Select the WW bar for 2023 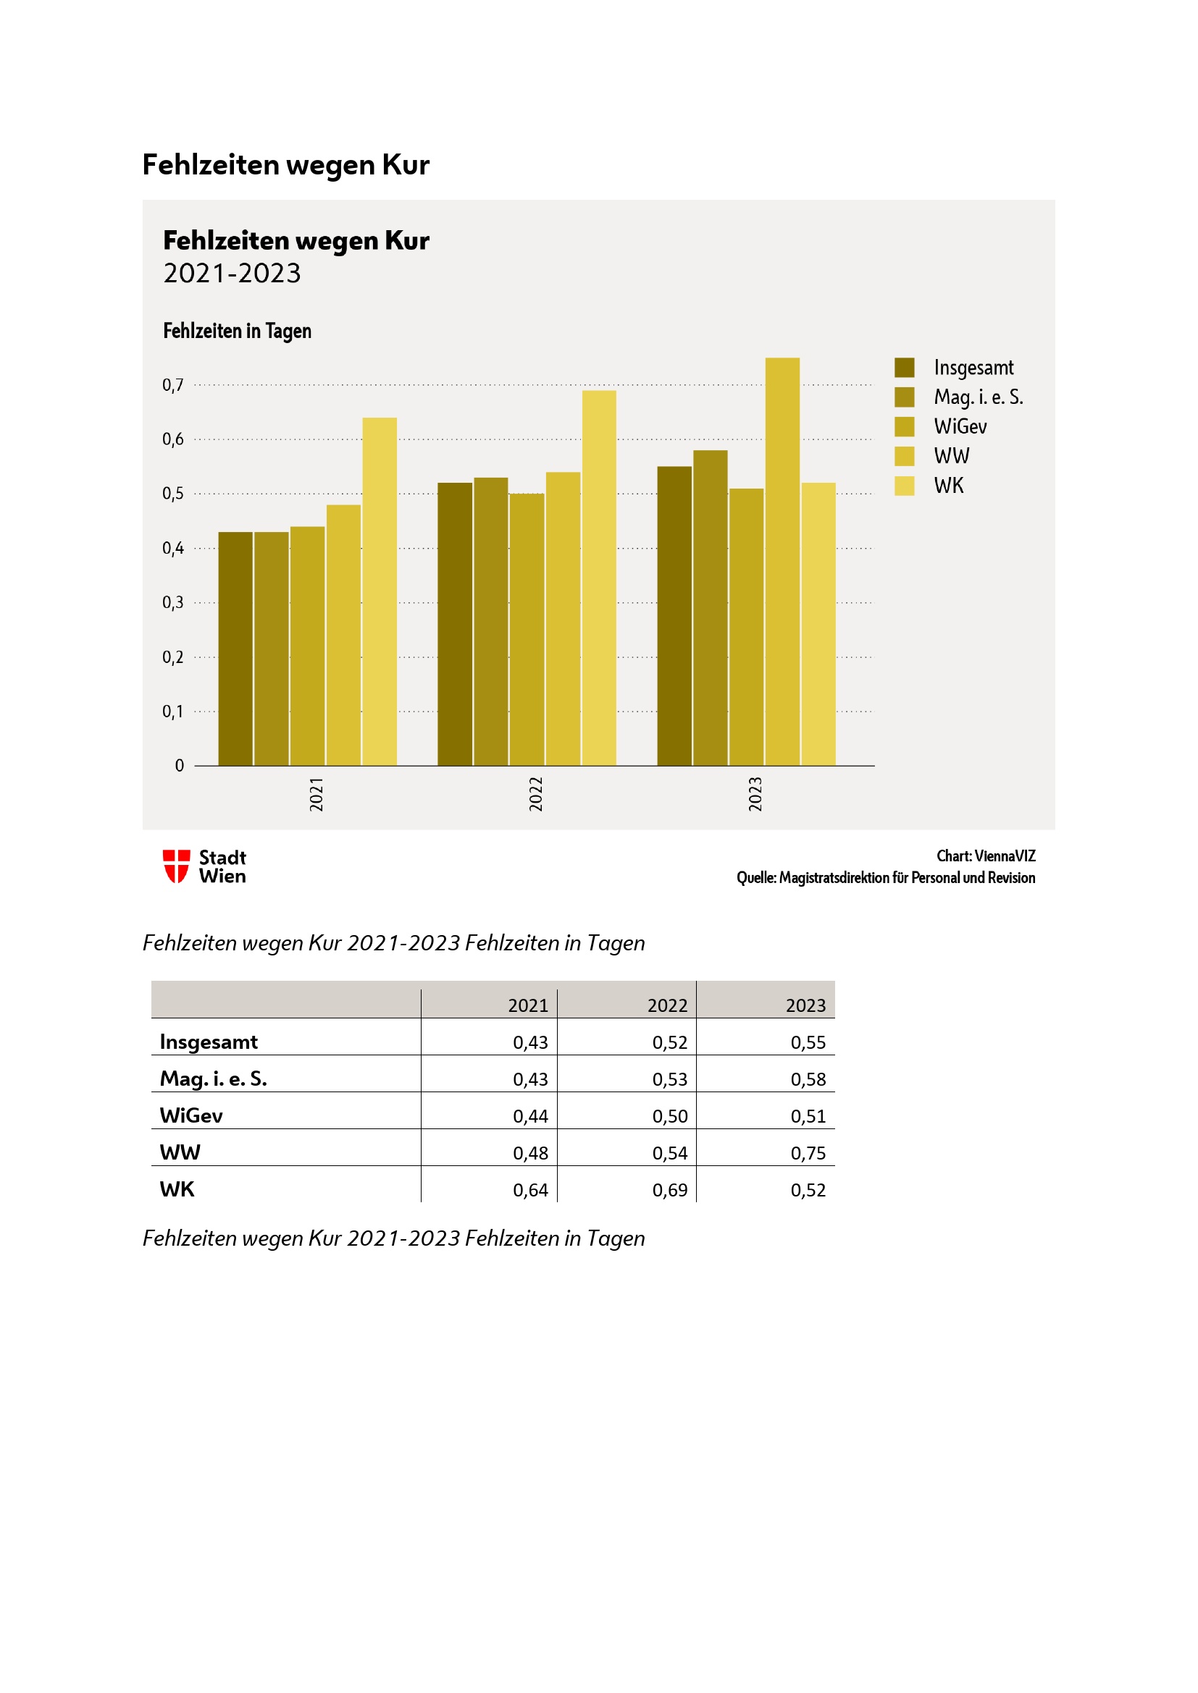point(782,561)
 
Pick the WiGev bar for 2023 point(746,627)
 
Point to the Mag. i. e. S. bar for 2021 point(271,648)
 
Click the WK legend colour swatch point(905,486)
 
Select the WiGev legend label point(960,427)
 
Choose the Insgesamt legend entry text point(973,368)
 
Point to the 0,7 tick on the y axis point(172,385)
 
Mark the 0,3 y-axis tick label point(172,602)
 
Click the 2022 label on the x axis point(535,793)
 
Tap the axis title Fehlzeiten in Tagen point(237,331)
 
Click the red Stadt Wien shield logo point(176,866)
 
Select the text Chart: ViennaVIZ point(986,856)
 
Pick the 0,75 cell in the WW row point(808,1153)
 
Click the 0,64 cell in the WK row point(530,1190)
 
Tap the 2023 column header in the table point(805,1006)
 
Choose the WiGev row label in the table point(191,1115)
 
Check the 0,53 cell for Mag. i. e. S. point(669,1079)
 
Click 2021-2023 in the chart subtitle point(232,274)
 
